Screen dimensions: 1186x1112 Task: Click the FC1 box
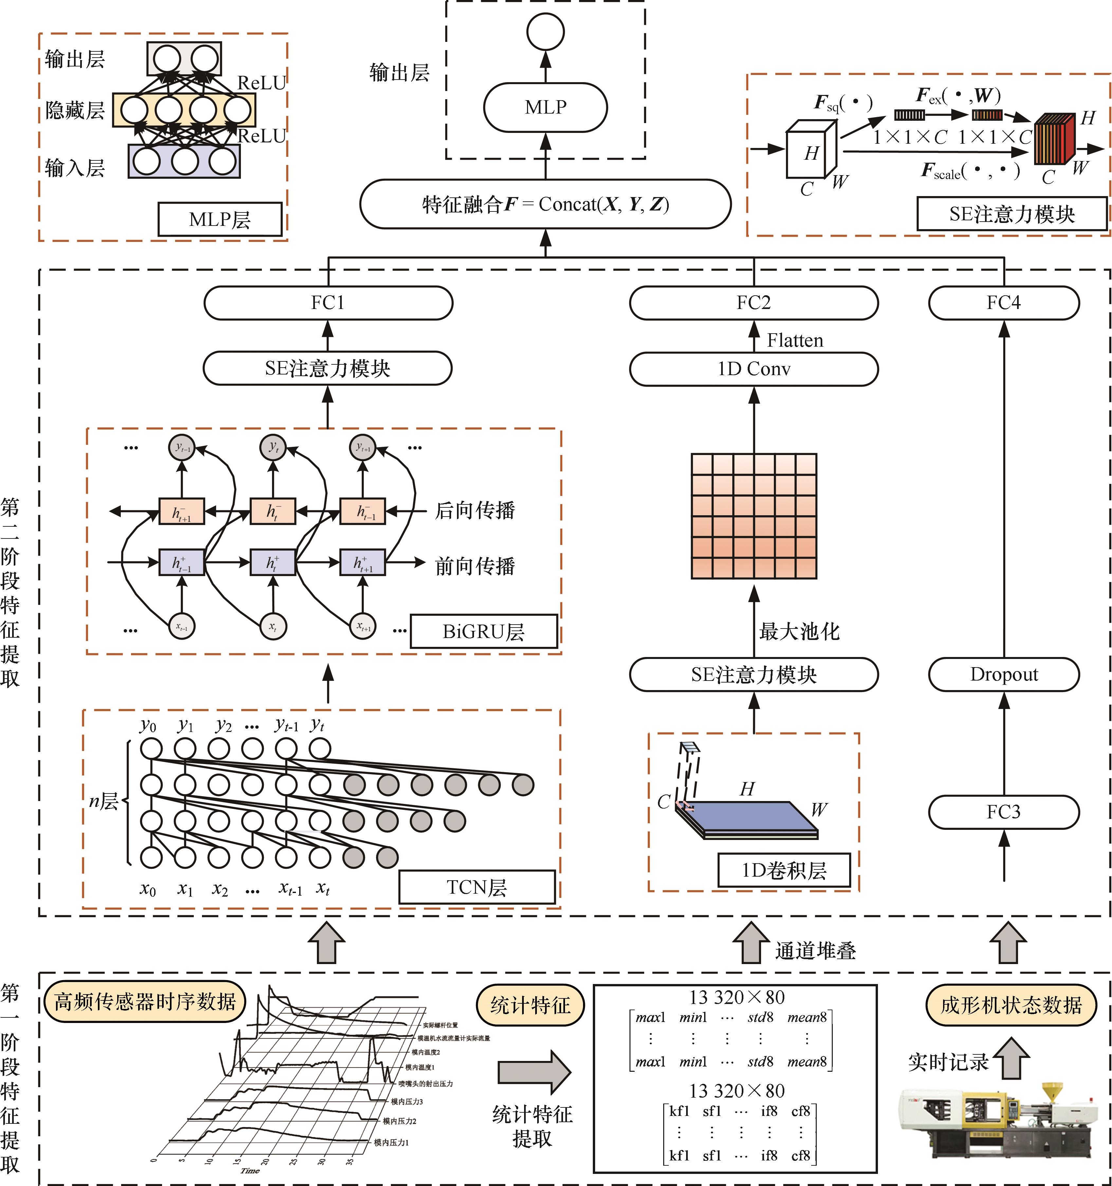coord(328,303)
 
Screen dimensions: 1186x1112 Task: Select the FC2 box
coord(754,303)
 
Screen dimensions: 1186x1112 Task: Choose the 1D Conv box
coord(754,369)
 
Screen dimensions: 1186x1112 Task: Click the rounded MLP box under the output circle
coord(545,107)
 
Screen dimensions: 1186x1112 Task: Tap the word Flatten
coord(794,341)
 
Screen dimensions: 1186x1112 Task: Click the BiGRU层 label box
coord(483,631)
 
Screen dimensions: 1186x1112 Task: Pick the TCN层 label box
coord(477,887)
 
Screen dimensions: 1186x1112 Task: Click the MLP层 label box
coord(220,220)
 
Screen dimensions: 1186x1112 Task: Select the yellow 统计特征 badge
coord(530,1005)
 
